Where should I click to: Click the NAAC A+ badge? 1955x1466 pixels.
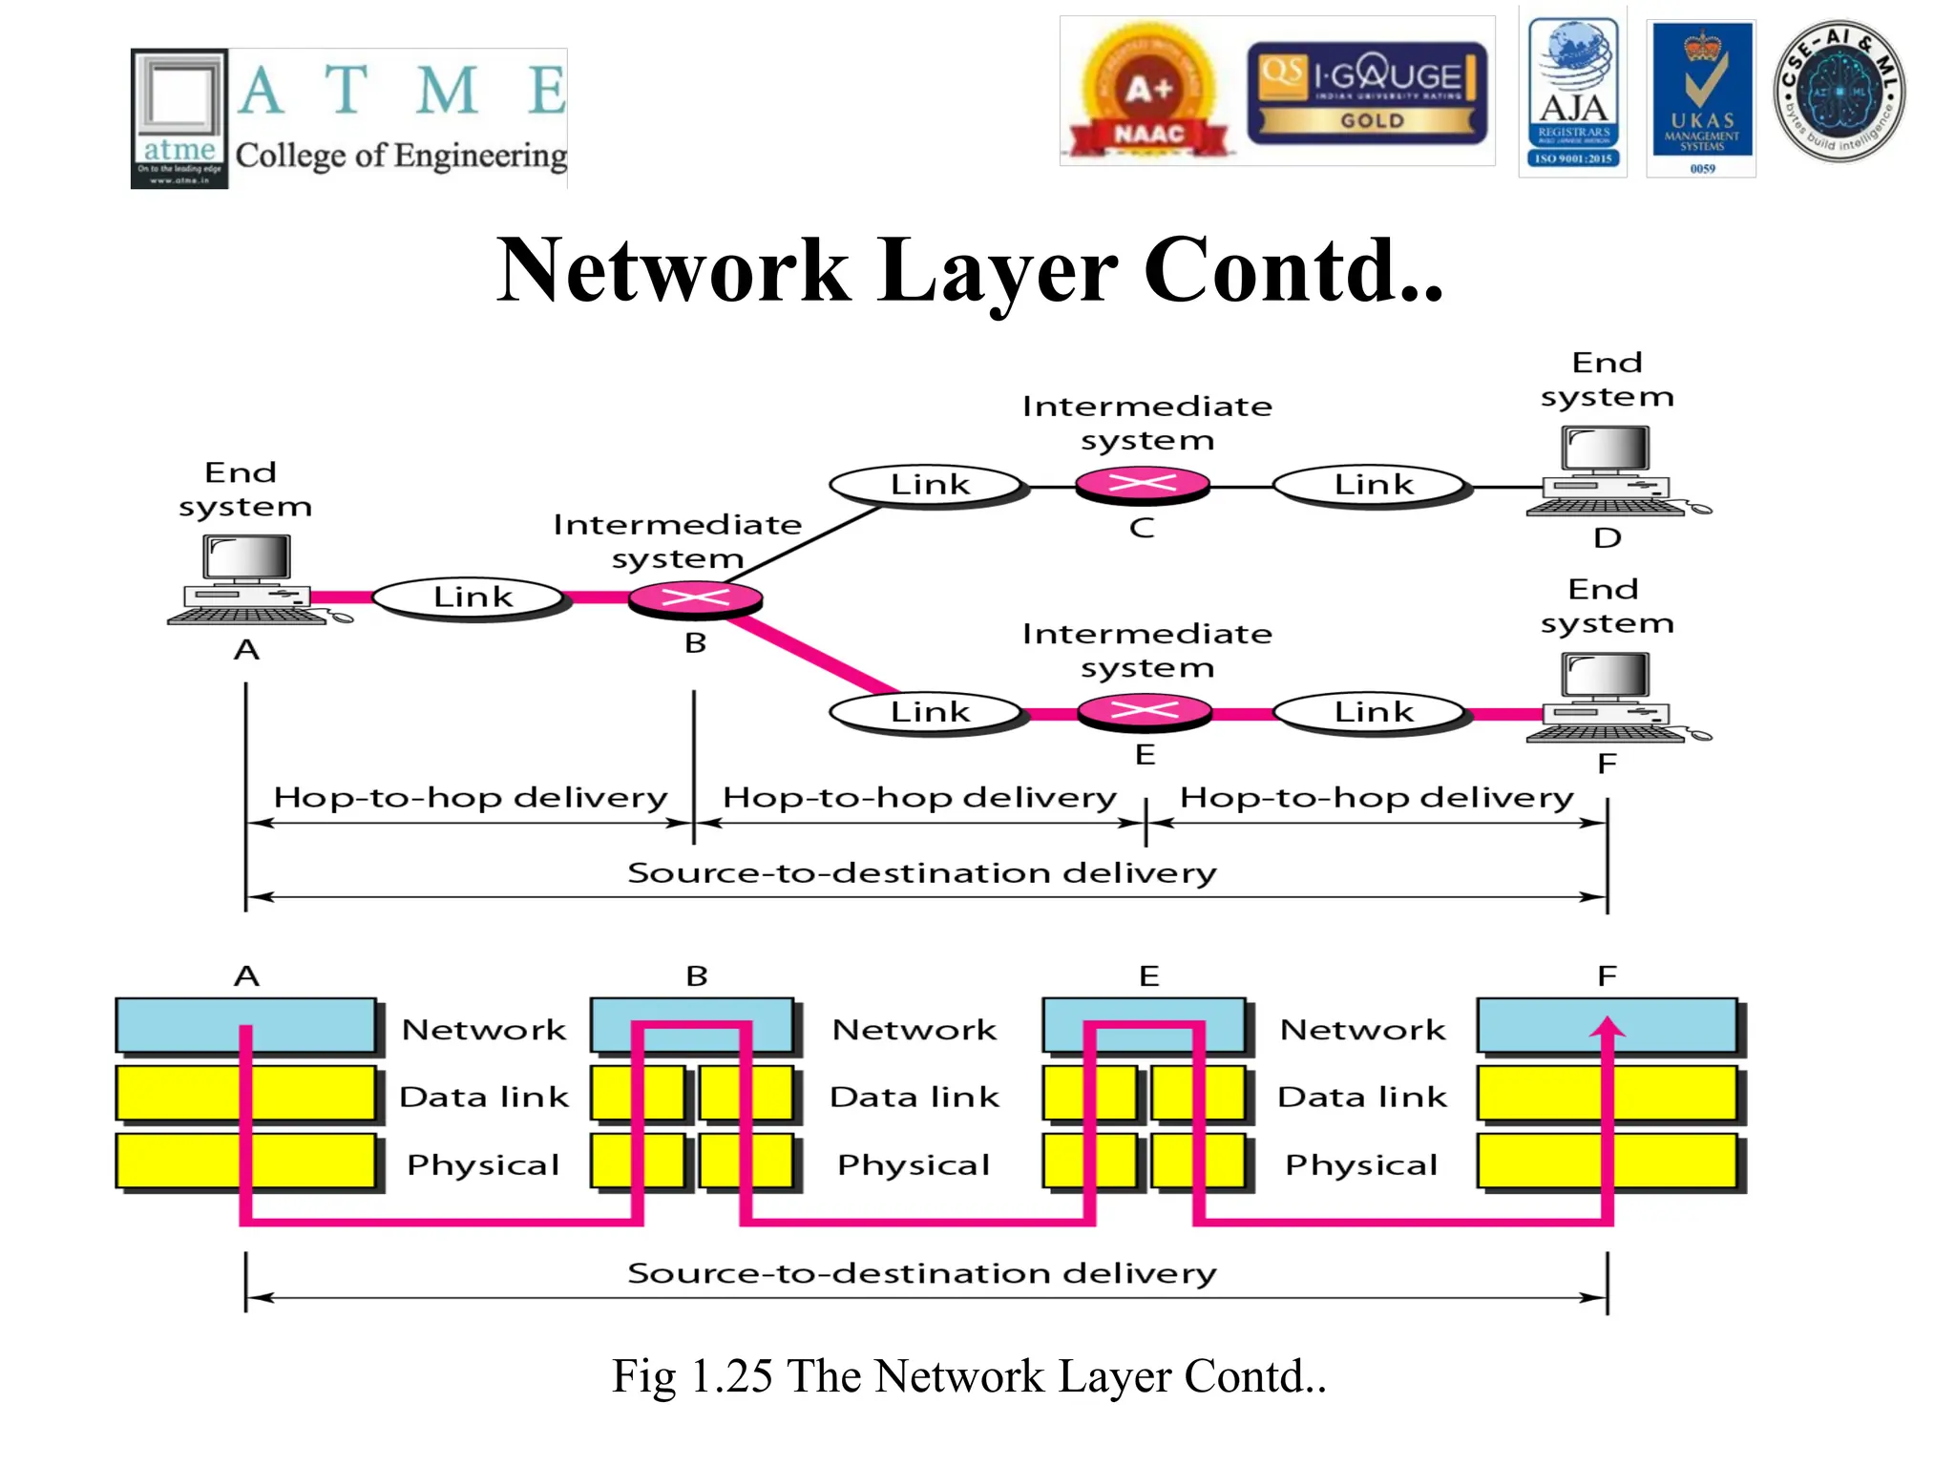1148,94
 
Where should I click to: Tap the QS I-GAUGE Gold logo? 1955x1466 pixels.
1367,93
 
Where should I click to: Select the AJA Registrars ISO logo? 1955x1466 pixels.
1572,94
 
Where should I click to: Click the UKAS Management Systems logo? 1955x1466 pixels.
1702,97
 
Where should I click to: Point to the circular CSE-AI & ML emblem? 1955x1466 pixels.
1839,92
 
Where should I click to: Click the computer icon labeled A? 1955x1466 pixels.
247,580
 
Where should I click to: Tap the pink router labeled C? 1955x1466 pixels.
1143,485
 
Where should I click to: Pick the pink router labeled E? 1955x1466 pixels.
1145,711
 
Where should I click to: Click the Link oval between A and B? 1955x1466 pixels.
472,598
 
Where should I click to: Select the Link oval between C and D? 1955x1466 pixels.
1372,486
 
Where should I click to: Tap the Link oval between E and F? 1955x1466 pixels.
1372,712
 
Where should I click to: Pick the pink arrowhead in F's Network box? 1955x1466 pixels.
1608,1027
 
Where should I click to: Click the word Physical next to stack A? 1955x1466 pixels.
483,1164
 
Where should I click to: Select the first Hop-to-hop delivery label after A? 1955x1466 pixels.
470,797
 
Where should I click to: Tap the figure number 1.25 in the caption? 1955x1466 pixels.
730,1376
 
